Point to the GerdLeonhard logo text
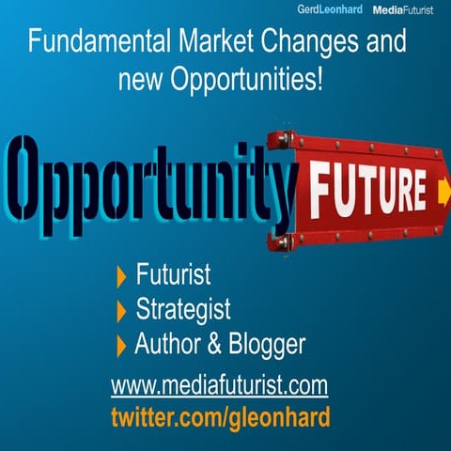point(328,9)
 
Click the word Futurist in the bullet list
point(173,276)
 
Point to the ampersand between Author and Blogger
point(213,345)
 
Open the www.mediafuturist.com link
point(218,385)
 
